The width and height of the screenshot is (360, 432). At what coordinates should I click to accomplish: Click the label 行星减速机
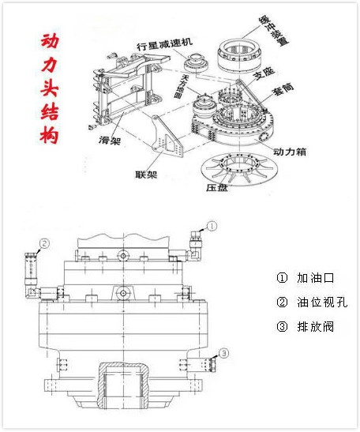[x=163, y=46]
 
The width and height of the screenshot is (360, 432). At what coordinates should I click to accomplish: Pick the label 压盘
[x=216, y=189]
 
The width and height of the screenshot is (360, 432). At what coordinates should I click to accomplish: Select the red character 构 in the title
[x=51, y=134]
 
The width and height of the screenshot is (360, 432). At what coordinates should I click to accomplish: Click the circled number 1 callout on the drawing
[x=212, y=226]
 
